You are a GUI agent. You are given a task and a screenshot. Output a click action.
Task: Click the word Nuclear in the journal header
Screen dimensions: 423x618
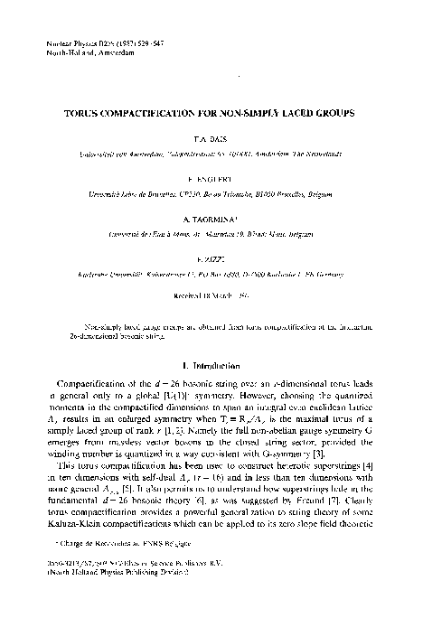click(57, 43)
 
